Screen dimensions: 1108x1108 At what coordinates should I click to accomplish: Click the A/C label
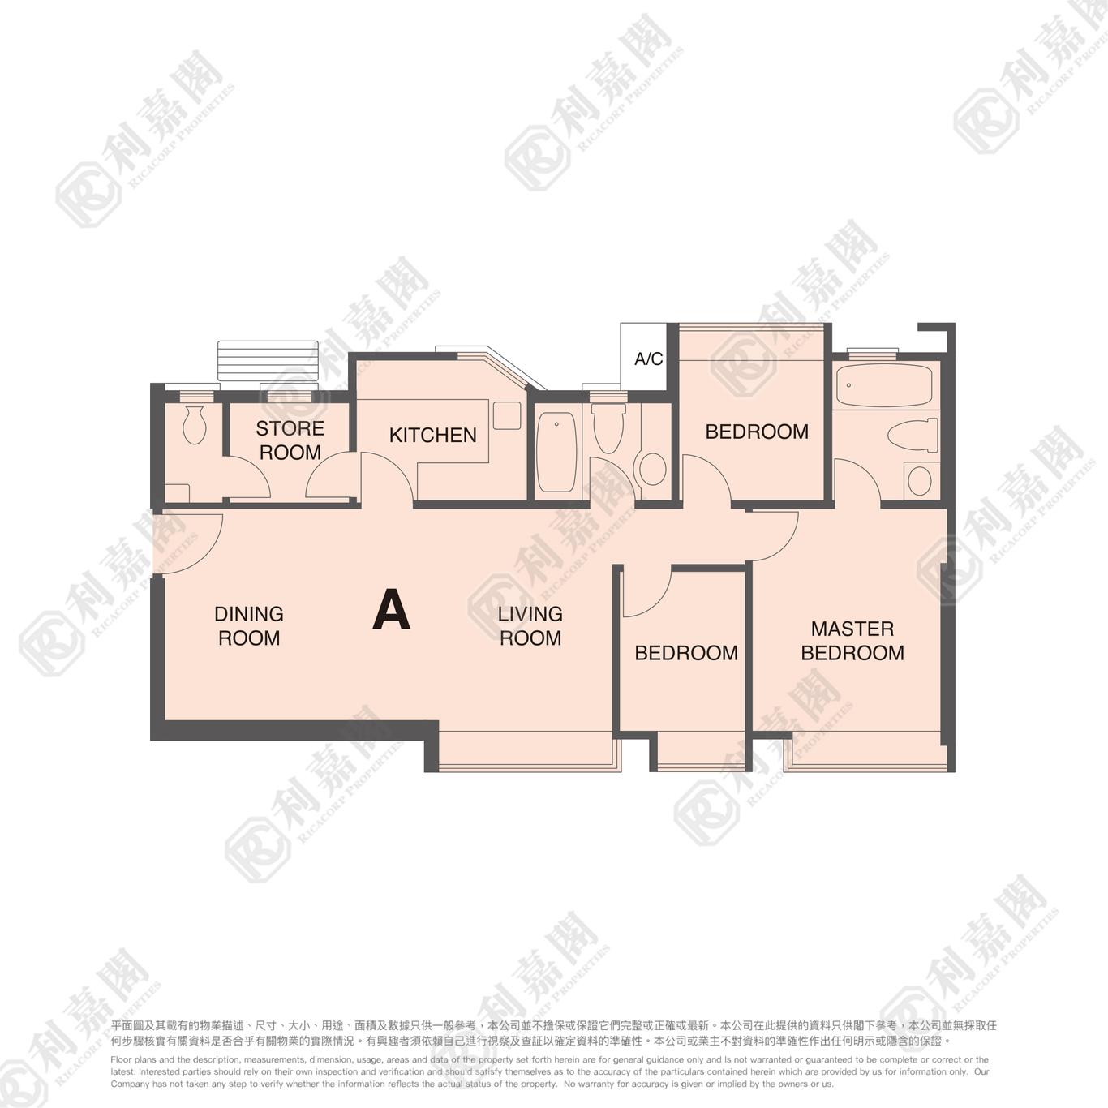pyautogui.click(x=649, y=359)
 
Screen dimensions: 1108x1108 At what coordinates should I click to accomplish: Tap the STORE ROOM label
pyautogui.click(x=290, y=440)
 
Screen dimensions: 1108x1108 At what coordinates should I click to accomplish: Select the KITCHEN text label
pyautogui.click(x=433, y=436)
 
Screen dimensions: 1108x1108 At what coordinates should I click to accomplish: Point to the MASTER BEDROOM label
pyautogui.click(x=852, y=641)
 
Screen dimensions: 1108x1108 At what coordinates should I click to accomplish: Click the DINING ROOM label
pyautogui.click(x=249, y=626)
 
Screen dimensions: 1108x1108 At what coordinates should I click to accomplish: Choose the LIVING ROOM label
pyautogui.click(x=530, y=626)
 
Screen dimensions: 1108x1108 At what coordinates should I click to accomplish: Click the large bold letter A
pyautogui.click(x=392, y=610)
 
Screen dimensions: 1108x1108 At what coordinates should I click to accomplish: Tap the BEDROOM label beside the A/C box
pyautogui.click(x=757, y=432)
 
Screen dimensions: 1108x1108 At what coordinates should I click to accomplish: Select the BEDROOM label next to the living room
pyautogui.click(x=686, y=653)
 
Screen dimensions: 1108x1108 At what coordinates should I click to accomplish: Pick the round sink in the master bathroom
pyautogui.click(x=919, y=481)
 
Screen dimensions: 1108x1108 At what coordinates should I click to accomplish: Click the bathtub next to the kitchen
pyautogui.click(x=556, y=452)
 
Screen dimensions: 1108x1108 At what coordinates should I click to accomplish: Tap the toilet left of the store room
pyautogui.click(x=194, y=424)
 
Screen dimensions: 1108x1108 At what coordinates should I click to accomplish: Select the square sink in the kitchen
pyautogui.click(x=507, y=415)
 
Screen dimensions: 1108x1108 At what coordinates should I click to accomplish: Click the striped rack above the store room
pyautogui.click(x=268, y=360)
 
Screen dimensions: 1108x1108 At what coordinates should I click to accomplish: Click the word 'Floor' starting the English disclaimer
pyautogui.click(x=121, y=1059)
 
